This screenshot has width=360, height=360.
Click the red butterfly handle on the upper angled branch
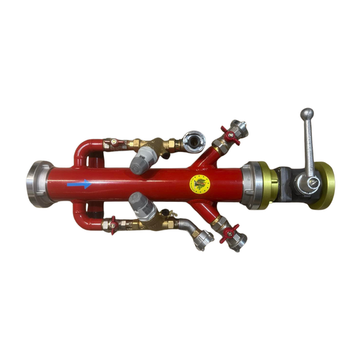tap(230, 136)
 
